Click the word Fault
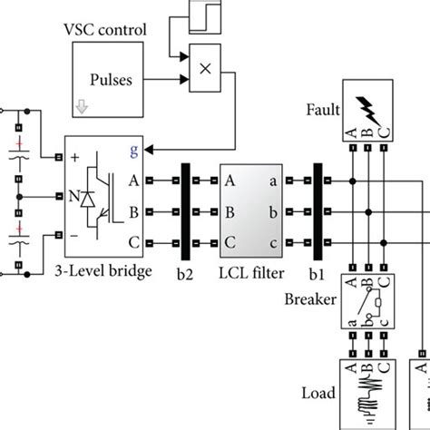tap(322, 112)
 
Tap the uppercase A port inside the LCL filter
tap(231, 181)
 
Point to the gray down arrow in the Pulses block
tap(83, 106)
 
